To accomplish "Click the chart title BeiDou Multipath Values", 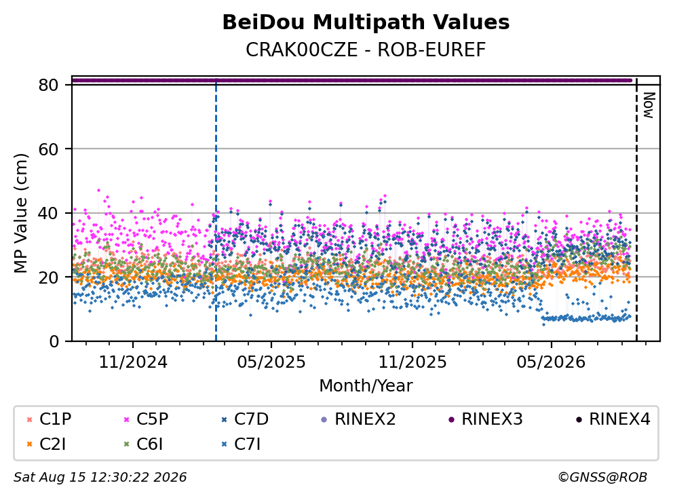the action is (366, 22).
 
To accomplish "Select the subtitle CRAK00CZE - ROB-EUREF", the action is (366, 50).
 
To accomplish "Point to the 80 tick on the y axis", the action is (48, 85).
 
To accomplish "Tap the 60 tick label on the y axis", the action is (48, 149).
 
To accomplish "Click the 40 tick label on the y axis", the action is (48, 213).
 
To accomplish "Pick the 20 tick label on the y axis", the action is (48, 277).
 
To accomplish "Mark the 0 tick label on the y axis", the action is (54, 341).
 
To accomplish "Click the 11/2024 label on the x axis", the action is (133, 362).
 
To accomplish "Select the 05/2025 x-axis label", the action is (271, 362).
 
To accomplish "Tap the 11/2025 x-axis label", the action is (412, 362).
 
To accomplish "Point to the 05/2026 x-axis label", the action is (551, 362).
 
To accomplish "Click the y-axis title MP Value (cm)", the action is (20, 213).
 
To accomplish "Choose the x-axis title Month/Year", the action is (366, 385).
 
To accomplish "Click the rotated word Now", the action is (649, 105).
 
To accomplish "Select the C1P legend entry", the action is (49, 419).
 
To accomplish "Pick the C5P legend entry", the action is (146, 419).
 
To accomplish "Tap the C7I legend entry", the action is (241, 444).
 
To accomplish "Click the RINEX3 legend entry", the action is (485, 419).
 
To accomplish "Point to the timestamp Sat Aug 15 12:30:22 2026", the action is (100, 477).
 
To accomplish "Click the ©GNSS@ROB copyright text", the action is (602, 477).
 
